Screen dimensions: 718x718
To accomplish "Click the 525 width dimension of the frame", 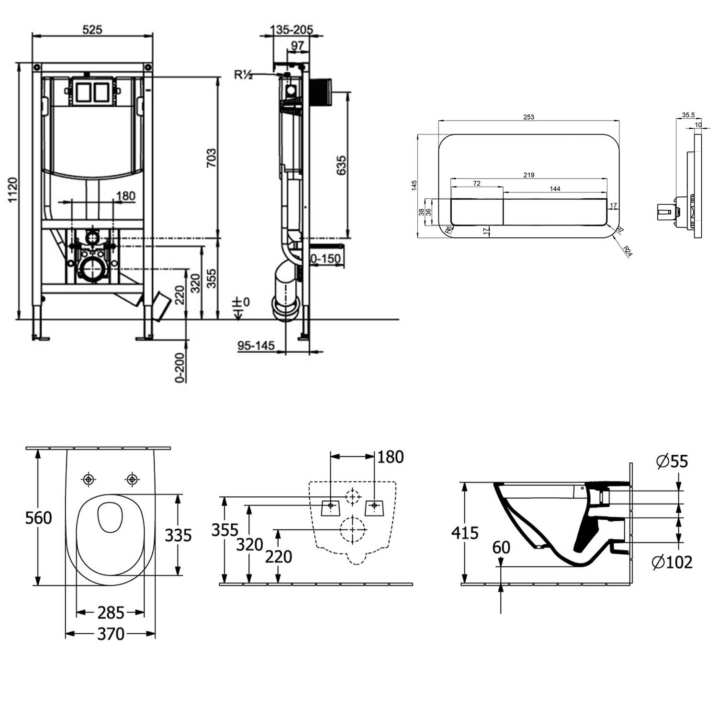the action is [x=92, y=29].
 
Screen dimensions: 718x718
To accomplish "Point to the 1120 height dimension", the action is [x=12, y=190].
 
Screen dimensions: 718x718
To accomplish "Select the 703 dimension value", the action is [x=211, y=158].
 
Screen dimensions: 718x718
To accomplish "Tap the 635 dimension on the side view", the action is [x=341, y=165].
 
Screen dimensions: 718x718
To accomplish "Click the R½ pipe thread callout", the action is [x=243, y=75].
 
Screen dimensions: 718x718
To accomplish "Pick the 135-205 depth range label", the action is [x=291, y=30].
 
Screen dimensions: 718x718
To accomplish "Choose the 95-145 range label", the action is [x=256, y=345].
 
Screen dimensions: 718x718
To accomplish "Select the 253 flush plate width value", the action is [x=528, y=117].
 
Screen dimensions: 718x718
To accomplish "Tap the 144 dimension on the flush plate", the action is [x=555, y=189].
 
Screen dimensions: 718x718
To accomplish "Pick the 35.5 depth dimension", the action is [x=688, y=115].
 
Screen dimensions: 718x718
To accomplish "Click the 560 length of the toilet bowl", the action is [x=38, y=517].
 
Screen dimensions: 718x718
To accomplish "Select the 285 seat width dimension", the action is [x=111, y=612].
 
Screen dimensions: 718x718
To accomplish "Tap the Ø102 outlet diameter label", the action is [x=672, y=562].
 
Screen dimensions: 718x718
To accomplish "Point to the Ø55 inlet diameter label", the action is [x=672, y=461].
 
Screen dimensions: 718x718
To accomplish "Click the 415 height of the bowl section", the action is [x=465, y=533].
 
